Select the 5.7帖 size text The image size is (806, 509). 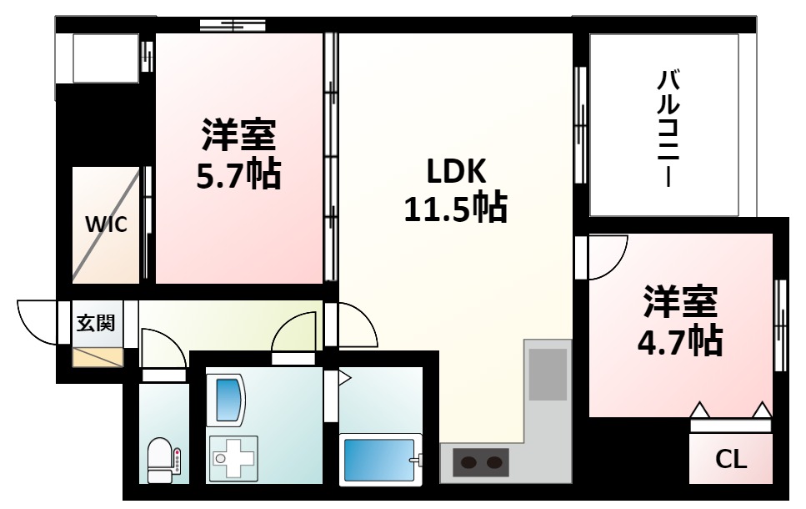(x=238, y=174)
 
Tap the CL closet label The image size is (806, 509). (x=732, y=459)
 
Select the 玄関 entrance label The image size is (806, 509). (x=96, y=323)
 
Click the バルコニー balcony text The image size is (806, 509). (x=668, y=129)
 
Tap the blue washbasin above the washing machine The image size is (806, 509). (x=228, y=399)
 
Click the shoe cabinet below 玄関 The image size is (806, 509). (x=98, y=357)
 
